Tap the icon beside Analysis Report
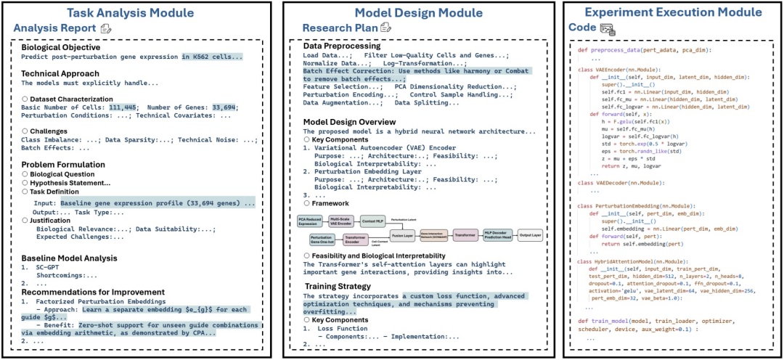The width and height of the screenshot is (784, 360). (x=106, y=28)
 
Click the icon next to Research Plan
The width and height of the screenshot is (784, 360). (x=385, y=28)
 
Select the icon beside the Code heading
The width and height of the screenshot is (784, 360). (x=608, y=28)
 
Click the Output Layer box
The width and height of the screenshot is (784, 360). (x=531, y=235)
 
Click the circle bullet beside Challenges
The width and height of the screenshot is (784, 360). (x=25, y=132)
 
